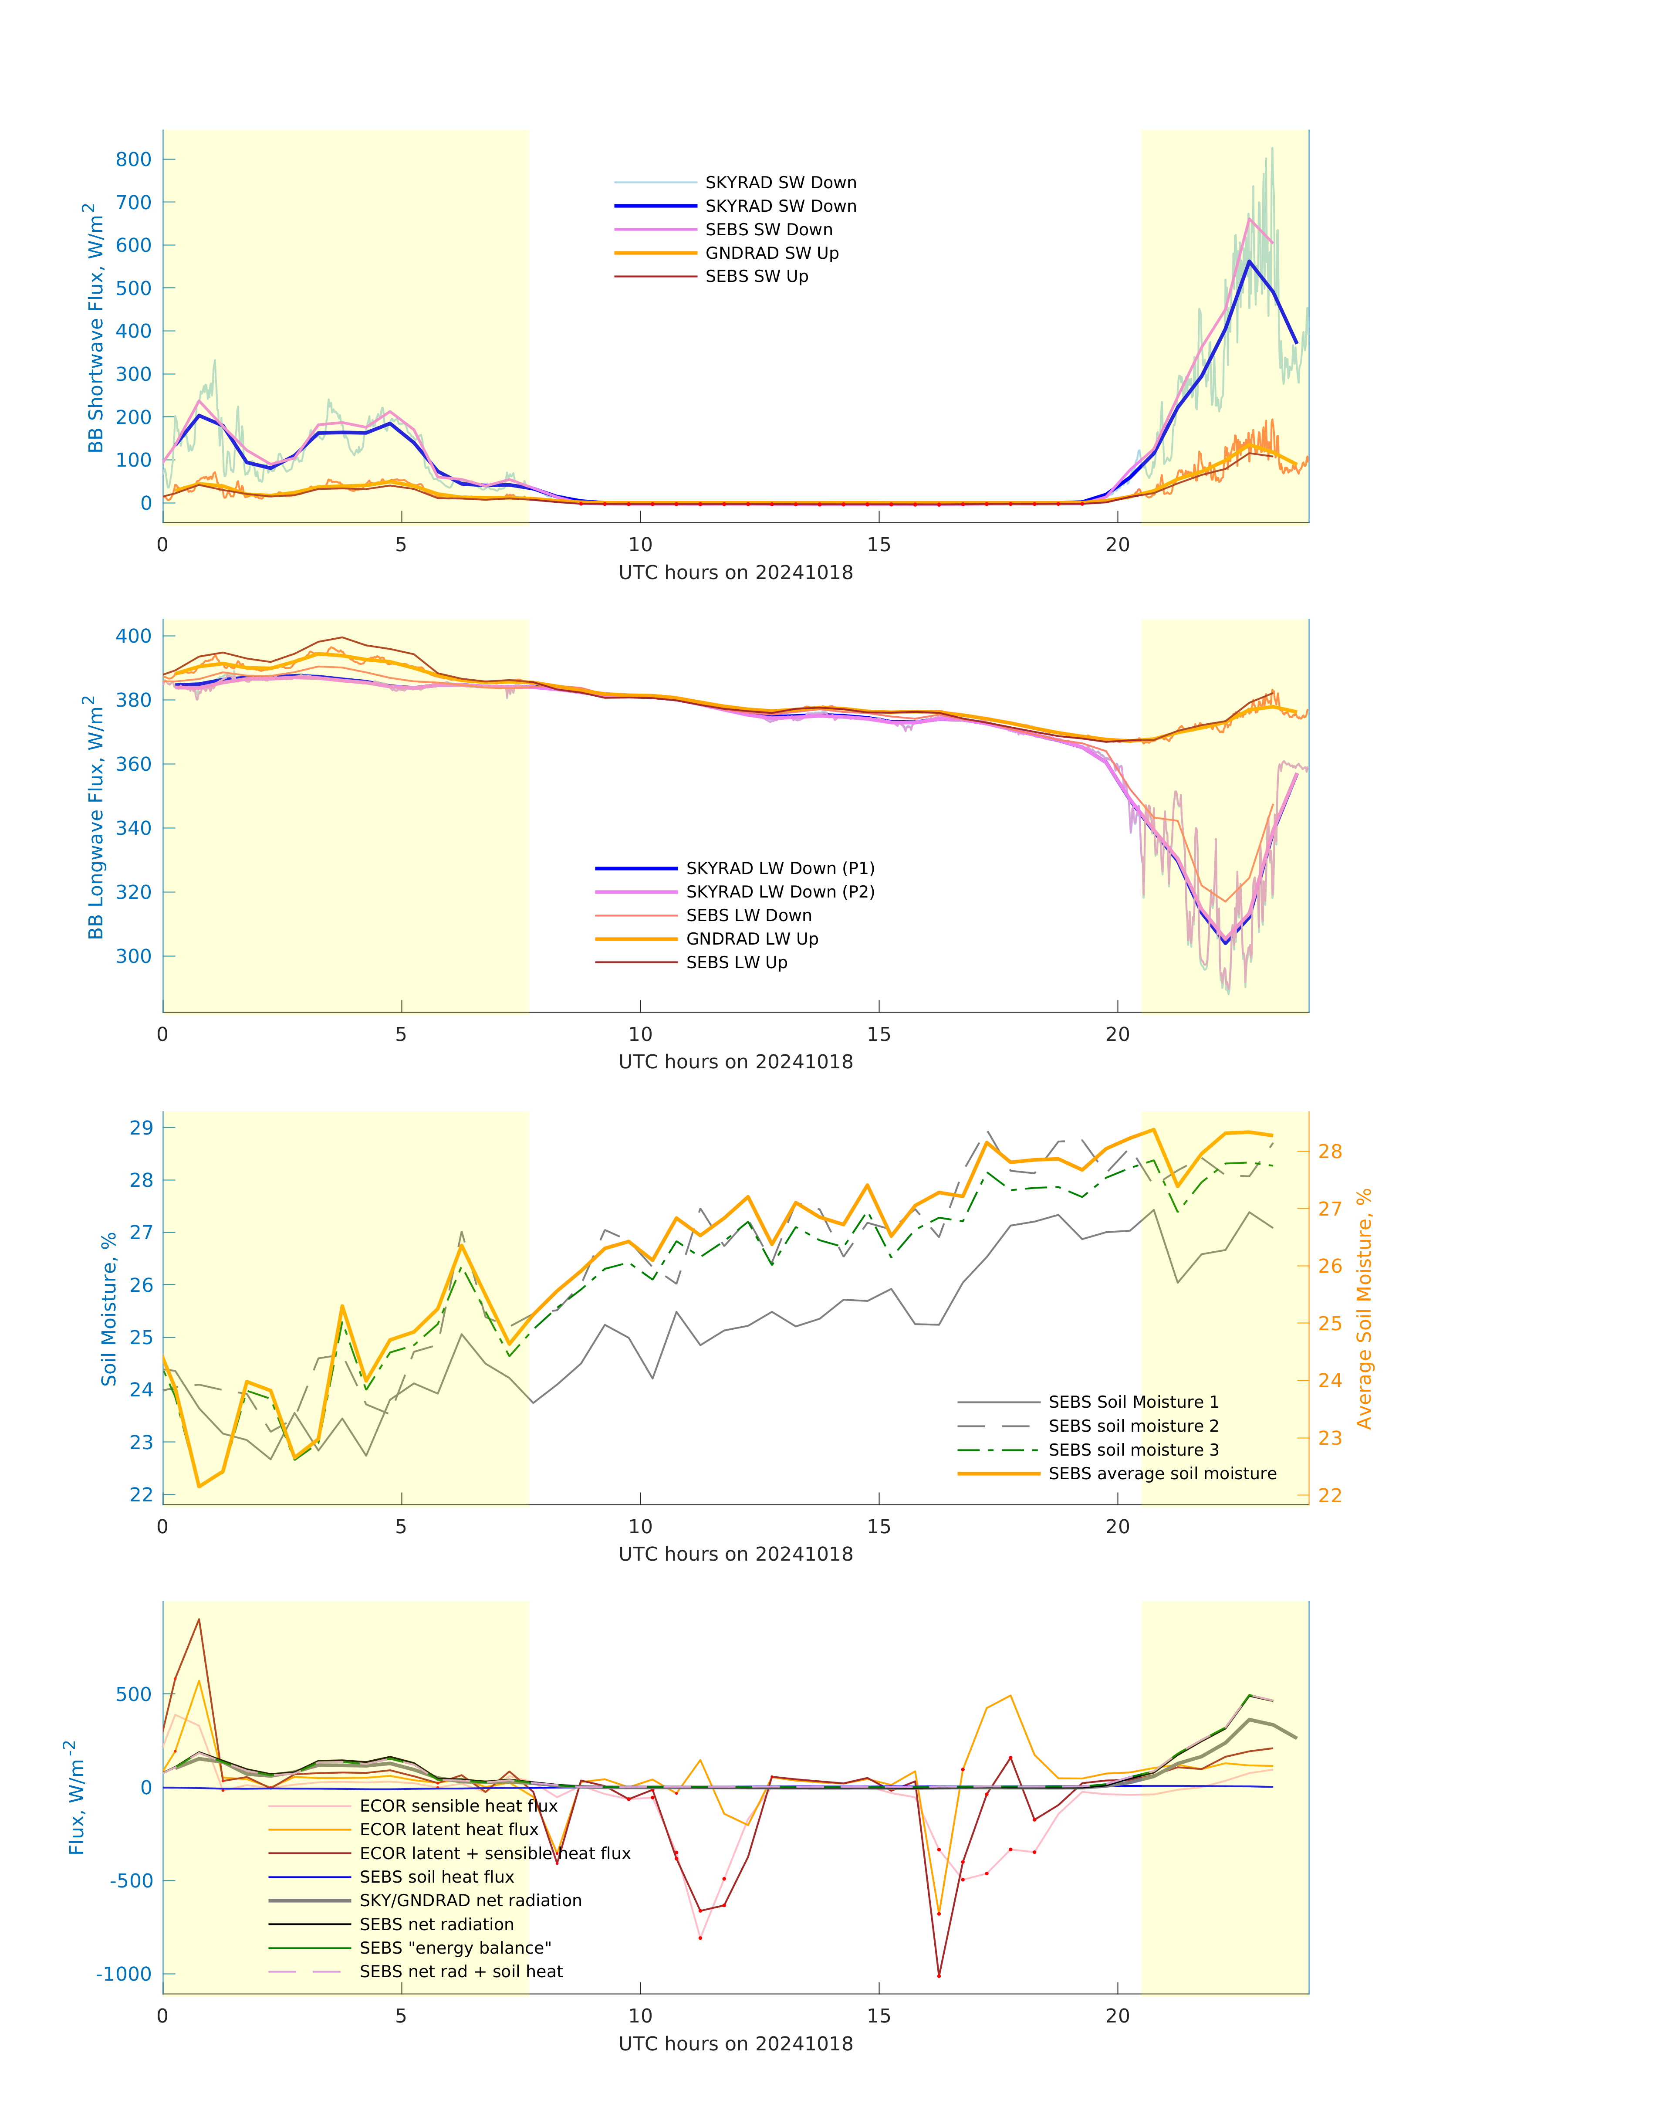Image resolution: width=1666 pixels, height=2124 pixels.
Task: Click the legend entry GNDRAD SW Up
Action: coord(770,254)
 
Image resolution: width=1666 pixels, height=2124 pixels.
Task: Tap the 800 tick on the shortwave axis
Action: coord(134,160)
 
